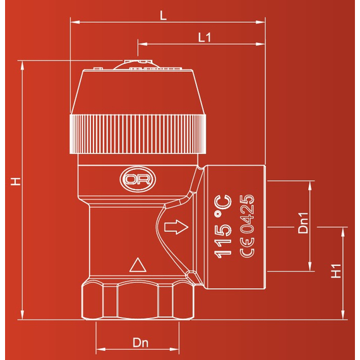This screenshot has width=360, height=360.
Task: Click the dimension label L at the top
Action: [x=163, y=16]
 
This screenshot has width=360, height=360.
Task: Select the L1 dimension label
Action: [x=204, y=37]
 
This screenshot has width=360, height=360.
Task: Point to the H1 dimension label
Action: [x=336, y=270]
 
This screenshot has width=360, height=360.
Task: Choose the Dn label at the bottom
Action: [x=140, y=342]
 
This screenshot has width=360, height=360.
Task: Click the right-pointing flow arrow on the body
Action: [x=176, y=227]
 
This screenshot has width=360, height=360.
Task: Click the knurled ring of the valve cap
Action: [x=138, y=134]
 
